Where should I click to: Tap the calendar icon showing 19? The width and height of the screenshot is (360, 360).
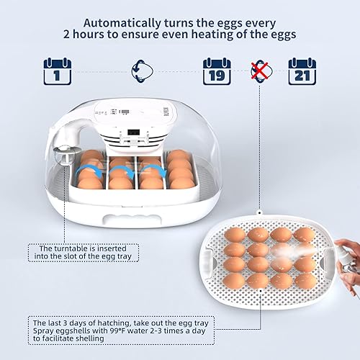click(215, 72)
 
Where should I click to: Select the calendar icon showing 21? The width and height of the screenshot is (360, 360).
click(302, 72)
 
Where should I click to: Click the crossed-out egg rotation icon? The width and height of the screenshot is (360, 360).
click(258, 69)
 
